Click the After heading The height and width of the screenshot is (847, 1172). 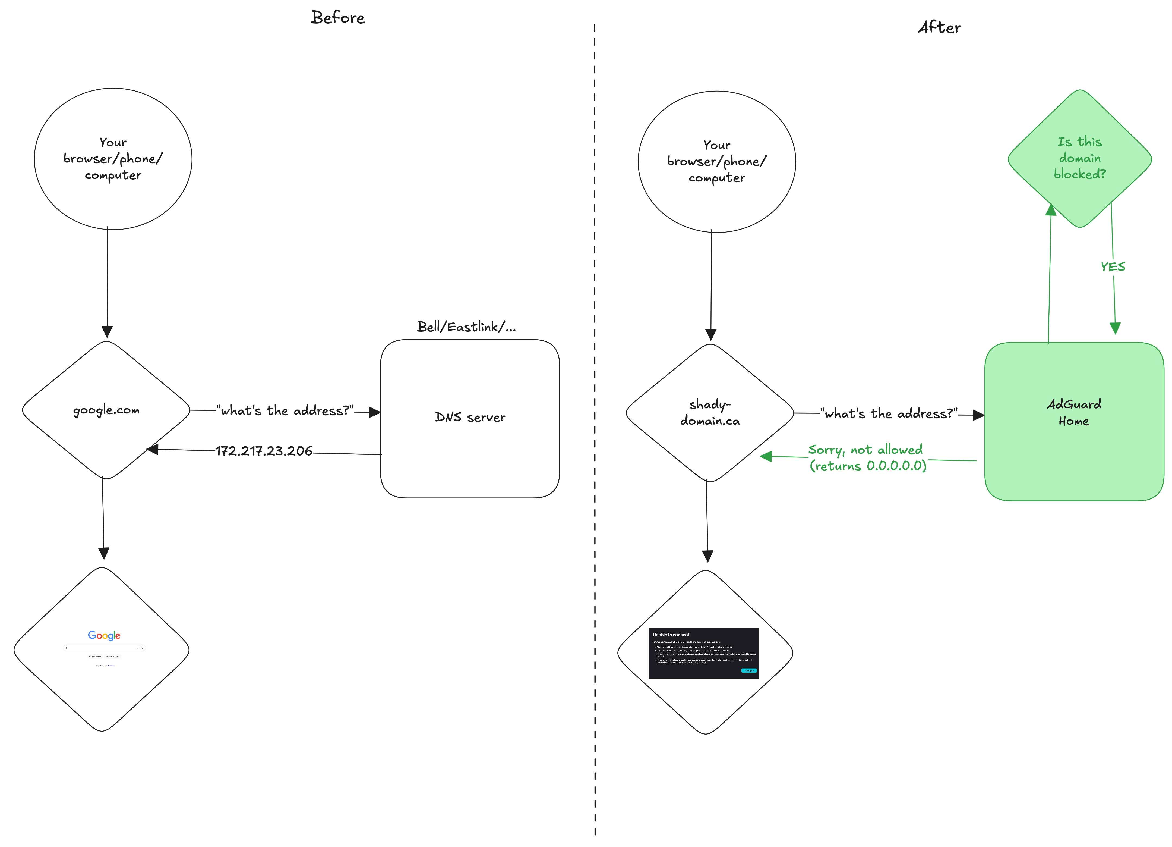[x=939, y=27]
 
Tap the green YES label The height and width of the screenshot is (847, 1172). [x=1113, y=267]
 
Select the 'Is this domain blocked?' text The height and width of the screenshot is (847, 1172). [x=1079, y=158]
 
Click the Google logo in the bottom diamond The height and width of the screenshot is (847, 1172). [x=104, y=635]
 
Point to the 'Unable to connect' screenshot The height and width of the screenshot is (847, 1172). [x=703, y=652]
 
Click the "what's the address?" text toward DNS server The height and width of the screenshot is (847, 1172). [x=285, y=410]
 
